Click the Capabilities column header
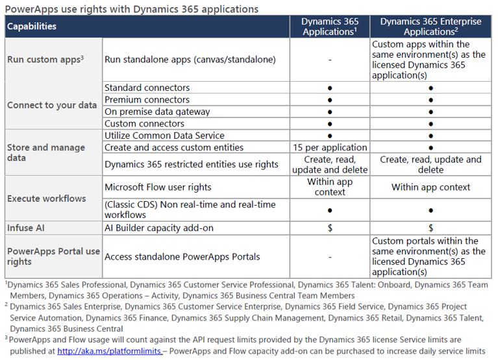(x=32, y=27)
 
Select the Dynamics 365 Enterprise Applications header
(x=430, y=27)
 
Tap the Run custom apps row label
(x=45, y=59)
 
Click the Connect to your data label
(x=52, y=105)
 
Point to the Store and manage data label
(x=46, y=152)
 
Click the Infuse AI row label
(x=26, y=228)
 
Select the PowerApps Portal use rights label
(x=53, y=256)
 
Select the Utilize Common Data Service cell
(x=164, y=136)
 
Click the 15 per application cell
(x=330, y=147)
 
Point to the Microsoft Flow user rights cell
(x=158, y=187)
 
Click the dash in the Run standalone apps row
(x=330, y=59)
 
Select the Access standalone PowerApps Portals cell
(x=182, y=256)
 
